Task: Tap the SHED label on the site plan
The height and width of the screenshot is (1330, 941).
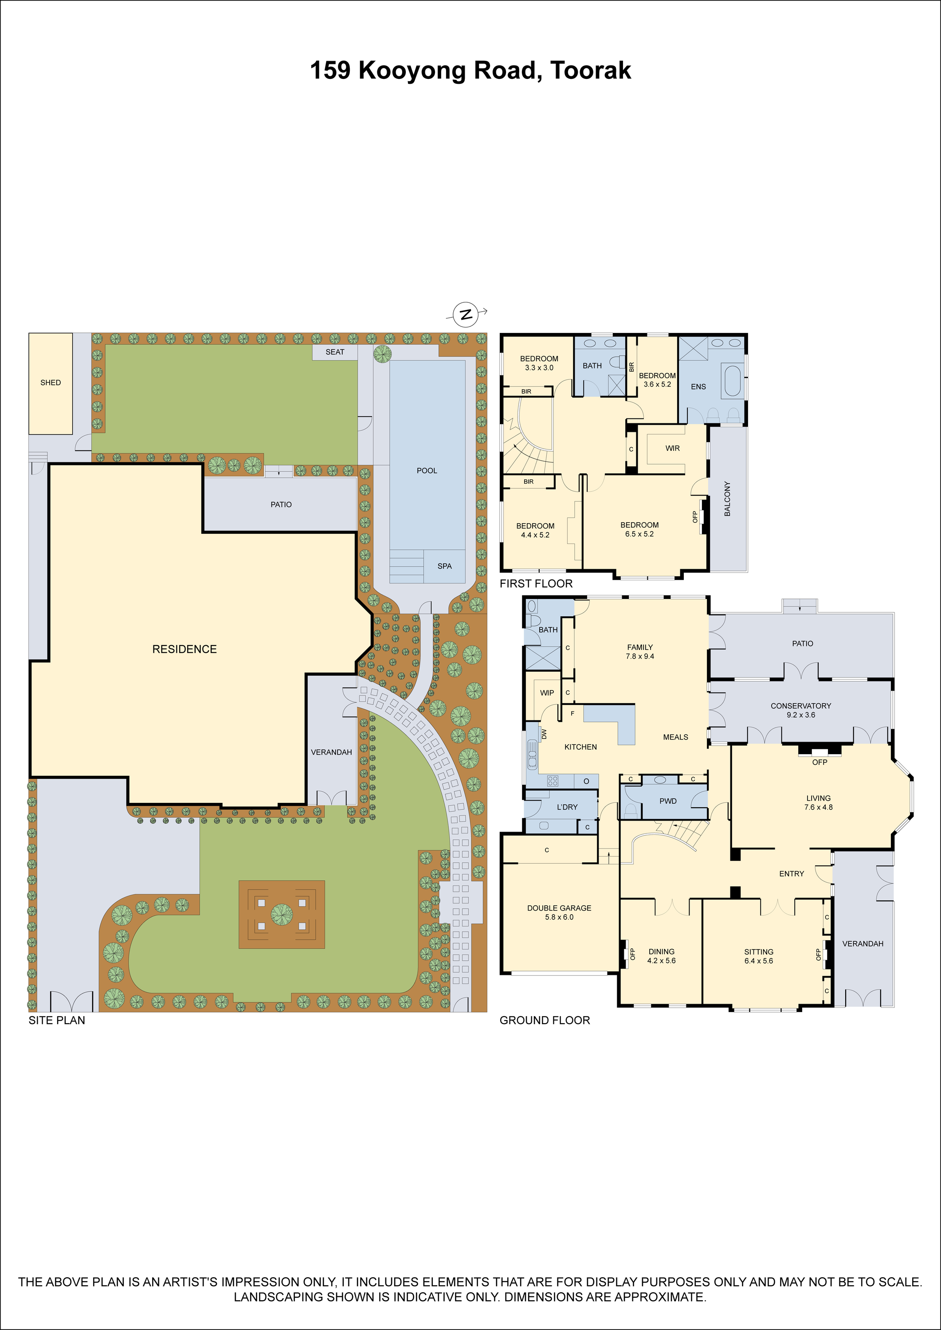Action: [x=51, y=382]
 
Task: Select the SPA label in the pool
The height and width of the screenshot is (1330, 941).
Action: [x=444, y=566]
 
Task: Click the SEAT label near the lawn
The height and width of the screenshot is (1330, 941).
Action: [x=335, y=352]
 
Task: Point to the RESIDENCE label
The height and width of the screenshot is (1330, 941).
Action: [x=184, y=649]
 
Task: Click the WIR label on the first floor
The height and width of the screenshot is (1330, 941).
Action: [x=672, y=448]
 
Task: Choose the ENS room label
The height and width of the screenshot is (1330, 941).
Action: [x=698, y=387]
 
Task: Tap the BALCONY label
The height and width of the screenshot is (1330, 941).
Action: [x=727, y=498]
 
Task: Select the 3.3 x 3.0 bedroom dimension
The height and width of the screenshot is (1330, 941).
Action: [x=539, y=368]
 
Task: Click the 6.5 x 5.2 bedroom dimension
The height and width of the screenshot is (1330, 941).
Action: [x=639, y=534]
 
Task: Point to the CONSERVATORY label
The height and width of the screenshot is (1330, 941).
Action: [x=801, y=705]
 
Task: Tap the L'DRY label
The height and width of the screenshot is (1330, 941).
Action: [x=567, y=807]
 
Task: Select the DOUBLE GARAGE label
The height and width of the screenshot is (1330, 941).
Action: [x=559, y=908]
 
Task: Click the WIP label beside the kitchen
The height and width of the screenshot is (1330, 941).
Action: [x=547, y=693]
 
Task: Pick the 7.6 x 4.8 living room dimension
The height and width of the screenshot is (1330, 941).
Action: [x=818, y=807]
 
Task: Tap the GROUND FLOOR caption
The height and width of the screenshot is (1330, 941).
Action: [x=545, y=1020]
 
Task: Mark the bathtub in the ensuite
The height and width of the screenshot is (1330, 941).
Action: [x=733, y=380]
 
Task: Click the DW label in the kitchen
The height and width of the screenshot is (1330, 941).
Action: [x=544, y=734]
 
